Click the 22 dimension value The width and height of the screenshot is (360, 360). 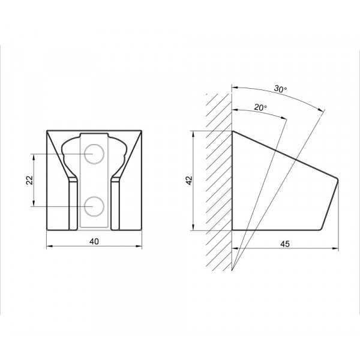click(29, 180)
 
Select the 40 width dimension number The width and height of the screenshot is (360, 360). click(94, 241)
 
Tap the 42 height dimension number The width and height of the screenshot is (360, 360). click(190, 180)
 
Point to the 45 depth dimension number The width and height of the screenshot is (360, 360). click(285, 244)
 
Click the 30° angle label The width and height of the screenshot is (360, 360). click(280, 89)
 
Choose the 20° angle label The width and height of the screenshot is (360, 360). click(260, 107)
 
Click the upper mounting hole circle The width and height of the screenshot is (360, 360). click(94, 154)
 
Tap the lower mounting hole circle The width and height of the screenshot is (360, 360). click(94, 206)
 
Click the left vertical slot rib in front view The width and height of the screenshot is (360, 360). click(73, 204)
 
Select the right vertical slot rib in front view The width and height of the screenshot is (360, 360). click(115, 204)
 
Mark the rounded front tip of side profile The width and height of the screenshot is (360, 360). click(337, 180)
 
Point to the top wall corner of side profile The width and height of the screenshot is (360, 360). click(233, 131)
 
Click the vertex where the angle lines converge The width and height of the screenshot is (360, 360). click(232, 271)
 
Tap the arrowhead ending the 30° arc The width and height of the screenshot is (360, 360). click(320, 110)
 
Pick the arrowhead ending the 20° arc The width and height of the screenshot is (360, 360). click(284, 118)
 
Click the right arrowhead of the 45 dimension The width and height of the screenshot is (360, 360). click(335, 248)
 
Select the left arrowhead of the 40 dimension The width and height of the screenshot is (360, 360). click(50, 246)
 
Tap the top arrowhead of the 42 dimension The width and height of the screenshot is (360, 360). click(193, 134)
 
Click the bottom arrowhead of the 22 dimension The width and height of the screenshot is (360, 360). click(34, 203)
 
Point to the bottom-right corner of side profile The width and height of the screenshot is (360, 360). click(320, 229)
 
